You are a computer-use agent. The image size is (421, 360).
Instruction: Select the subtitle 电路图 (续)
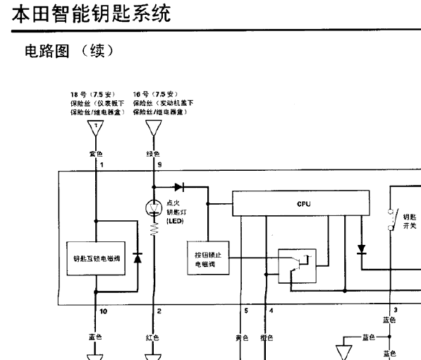tap(66, 53)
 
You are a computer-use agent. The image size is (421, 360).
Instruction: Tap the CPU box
tap(303, 203)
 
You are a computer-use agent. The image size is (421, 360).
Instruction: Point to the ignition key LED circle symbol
tap(154, 208)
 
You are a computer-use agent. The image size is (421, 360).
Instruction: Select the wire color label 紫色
tap(95, 153)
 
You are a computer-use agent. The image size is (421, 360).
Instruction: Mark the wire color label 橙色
tap(266, 337)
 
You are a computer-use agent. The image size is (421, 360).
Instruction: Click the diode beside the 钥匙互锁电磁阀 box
tap(133, 258)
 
